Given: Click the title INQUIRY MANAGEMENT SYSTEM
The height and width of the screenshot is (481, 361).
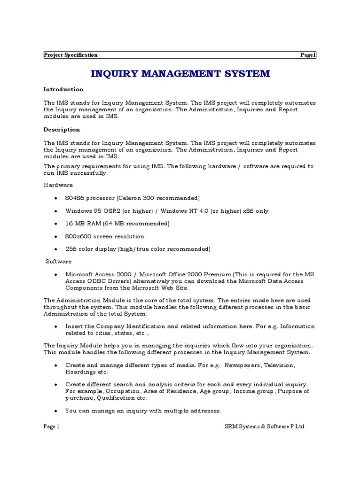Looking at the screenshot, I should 180,74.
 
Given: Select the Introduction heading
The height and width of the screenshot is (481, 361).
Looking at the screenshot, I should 63,89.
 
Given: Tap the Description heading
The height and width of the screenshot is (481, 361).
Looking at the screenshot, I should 62,130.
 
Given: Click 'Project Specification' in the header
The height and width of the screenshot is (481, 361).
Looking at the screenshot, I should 71,55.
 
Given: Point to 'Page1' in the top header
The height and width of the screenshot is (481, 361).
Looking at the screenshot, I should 308,55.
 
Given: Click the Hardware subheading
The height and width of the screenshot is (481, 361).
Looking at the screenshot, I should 58,185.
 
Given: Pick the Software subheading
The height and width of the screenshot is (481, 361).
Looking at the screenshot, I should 59,261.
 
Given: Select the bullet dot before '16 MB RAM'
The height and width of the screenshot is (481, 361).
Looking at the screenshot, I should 56,224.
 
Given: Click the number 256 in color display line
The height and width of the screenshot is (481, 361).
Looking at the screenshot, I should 71,249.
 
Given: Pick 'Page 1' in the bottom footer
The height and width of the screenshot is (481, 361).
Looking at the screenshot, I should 51,427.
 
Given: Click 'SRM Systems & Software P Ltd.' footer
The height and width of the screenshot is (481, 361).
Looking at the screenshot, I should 265,427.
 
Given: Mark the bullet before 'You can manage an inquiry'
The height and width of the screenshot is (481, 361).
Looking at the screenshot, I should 56,411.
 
